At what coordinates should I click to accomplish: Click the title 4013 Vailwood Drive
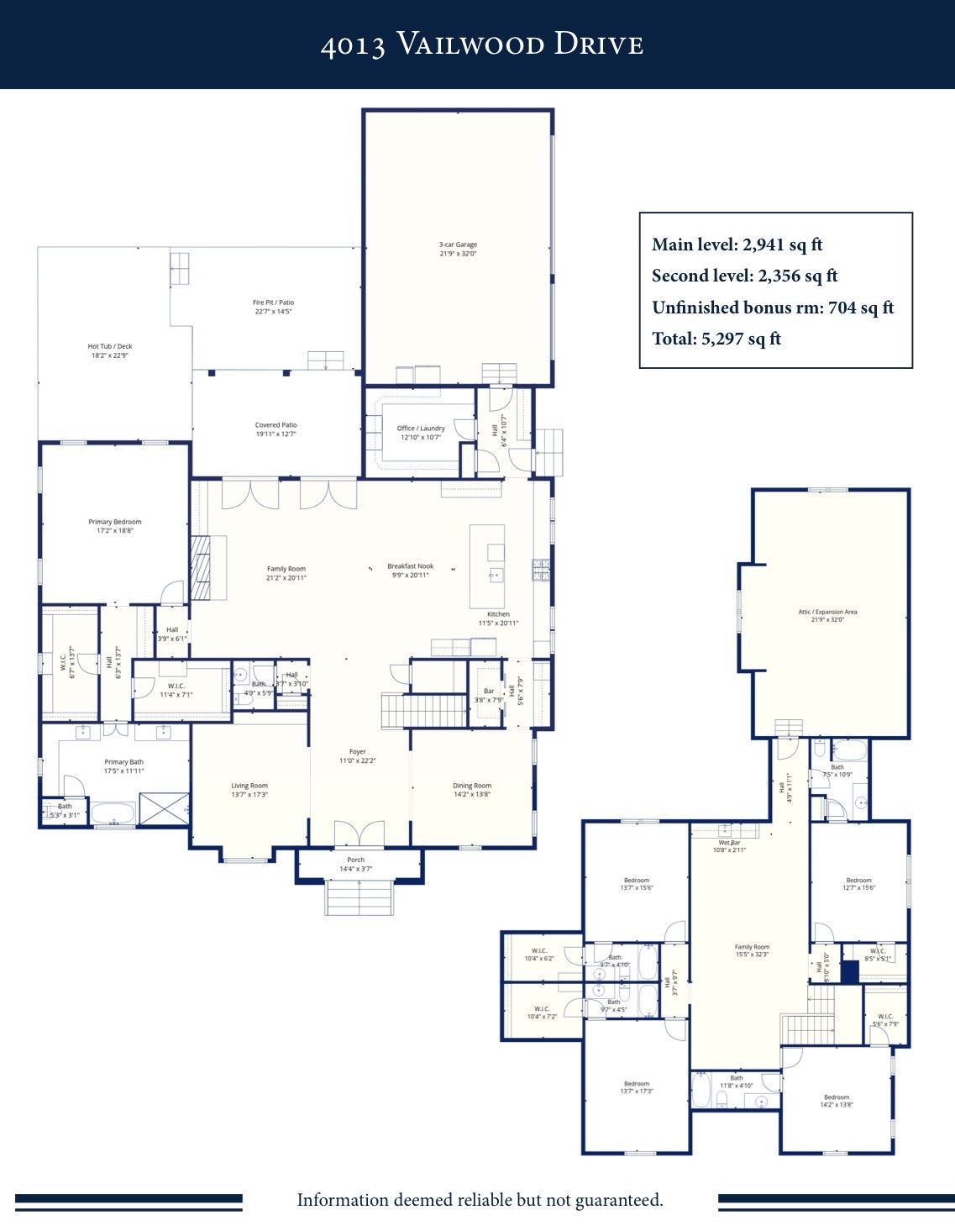(481, 45)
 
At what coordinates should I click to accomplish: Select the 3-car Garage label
(458, 245)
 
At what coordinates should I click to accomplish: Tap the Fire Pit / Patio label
(273, 302)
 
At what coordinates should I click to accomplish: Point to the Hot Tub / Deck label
(109, 346)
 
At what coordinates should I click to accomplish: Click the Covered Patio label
(275, 425)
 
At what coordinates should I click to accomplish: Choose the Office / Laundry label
(421, 428)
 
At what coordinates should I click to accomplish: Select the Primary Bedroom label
(115, 522)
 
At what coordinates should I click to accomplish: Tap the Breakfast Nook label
(411, 566)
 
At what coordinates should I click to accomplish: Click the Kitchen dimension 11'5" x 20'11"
(498, 623)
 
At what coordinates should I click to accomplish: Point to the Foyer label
(358, 752)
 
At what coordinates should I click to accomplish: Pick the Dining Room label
(472, 786)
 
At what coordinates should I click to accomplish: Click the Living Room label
(249, 786)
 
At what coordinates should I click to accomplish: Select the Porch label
(356, 860)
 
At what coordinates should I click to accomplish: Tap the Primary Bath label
(123, 762)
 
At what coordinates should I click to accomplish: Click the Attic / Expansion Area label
(827, 612)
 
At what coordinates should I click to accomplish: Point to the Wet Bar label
(729, 842)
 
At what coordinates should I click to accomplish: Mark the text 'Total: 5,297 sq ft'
(716, 339)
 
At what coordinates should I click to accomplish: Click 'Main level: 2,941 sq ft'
(737, 245)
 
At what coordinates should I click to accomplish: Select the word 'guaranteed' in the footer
(618, 1200)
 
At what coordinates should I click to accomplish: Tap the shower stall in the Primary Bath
(164, 808)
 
